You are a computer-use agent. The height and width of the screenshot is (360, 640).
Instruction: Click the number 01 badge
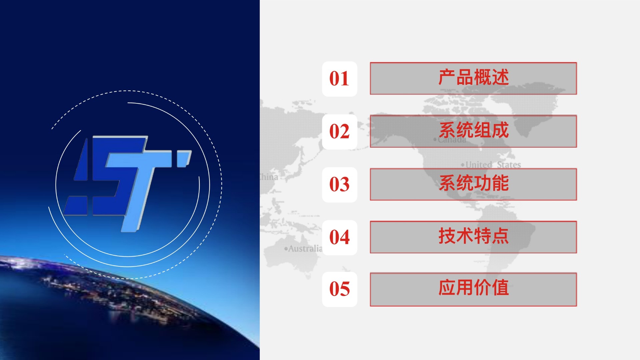(x=340, y=79)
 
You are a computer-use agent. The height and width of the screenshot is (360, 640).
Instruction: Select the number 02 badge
(x=340, y=132)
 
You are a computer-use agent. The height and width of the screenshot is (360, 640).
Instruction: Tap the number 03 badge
(x=340, y=185)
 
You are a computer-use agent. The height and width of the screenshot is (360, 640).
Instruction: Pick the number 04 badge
(x=340, y=238)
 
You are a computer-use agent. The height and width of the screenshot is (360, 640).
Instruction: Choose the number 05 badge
(x=340, y=289)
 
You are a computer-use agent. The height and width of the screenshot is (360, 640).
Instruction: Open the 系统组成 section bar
(x=473, y=131)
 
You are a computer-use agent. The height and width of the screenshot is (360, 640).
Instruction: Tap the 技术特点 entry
(x=473, y=237)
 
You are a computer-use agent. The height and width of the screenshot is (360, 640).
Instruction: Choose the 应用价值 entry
(x=473, y=289)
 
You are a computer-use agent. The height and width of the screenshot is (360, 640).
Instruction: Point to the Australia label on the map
(x=303, y=249)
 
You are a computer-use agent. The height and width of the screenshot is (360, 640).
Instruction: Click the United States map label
(x=491, y=165)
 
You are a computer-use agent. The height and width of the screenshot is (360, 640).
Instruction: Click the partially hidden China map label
(x=269, y=177)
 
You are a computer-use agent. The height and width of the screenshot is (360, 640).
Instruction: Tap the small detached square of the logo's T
(x=184, y=159)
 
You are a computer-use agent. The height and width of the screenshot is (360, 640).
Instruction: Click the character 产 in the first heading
(x=447, y=78)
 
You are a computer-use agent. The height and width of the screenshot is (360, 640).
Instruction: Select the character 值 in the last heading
(x=500, y=288)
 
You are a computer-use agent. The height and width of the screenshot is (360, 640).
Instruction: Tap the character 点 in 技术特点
(x=500, y=236)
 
